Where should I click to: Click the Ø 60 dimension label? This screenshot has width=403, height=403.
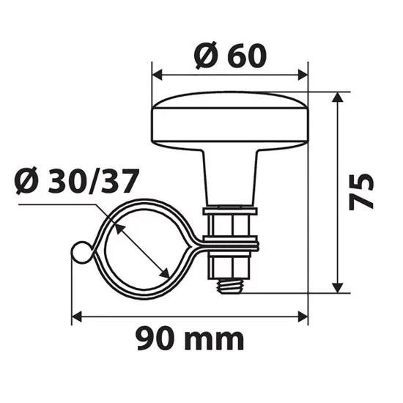point(230,55)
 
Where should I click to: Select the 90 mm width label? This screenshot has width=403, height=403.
point(190,339)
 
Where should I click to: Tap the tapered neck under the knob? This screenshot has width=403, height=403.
point(229,176)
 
